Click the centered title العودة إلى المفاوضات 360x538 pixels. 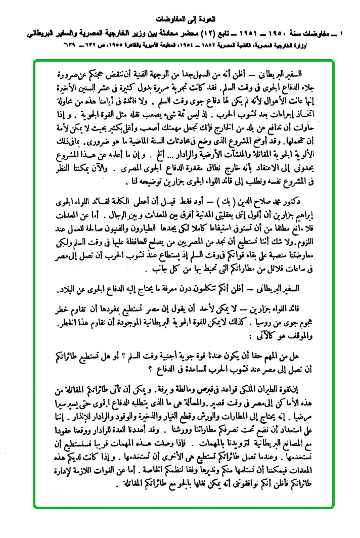179,20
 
